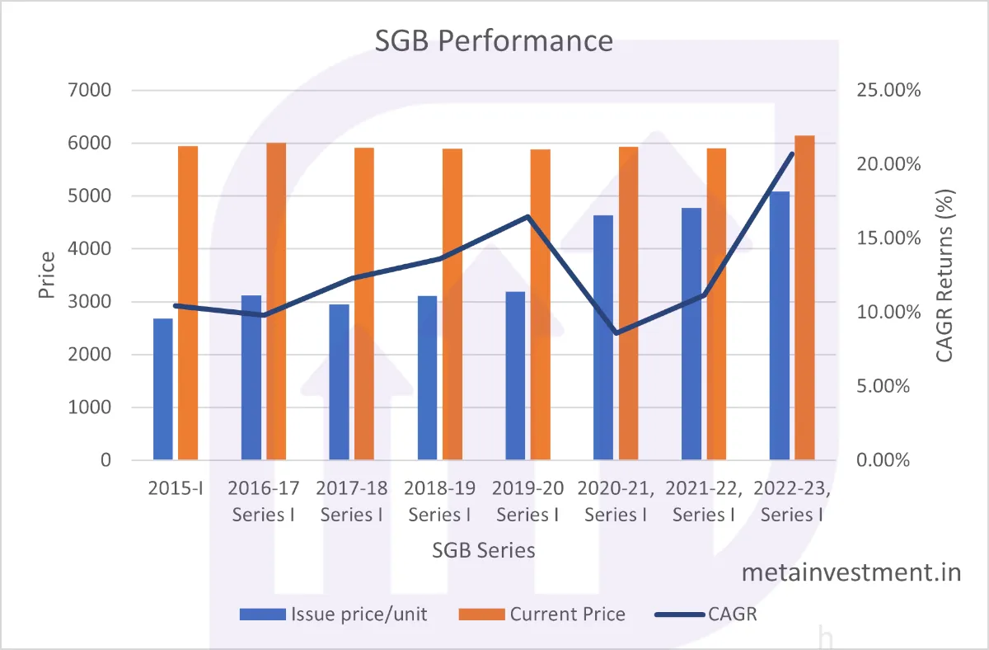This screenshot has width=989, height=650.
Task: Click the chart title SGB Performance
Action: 494,40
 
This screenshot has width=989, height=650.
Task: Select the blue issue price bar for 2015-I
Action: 163,389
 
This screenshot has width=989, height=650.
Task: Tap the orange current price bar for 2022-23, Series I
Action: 804,297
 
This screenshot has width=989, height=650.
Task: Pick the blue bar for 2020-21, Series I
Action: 603,337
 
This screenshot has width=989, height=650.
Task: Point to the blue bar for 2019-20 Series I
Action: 515,375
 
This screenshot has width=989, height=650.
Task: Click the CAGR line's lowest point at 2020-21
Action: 616,333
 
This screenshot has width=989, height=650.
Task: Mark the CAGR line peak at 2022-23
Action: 792,153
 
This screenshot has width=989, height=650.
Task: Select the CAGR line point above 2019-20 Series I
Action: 527,217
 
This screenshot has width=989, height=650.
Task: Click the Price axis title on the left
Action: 47,275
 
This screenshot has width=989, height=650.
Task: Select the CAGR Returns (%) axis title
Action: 945,275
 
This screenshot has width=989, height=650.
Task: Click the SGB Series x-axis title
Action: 484,550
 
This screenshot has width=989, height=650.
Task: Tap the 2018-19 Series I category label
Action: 439,501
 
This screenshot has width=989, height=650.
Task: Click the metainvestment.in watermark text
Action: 851,572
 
